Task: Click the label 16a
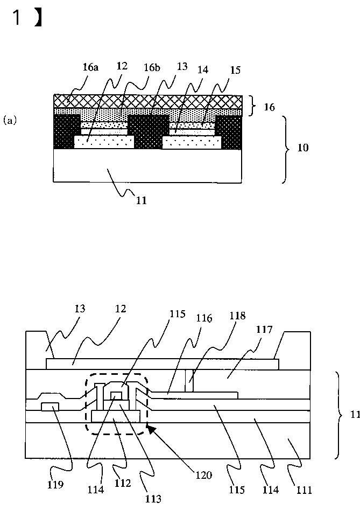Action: [90, 67]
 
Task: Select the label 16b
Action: [152, 67]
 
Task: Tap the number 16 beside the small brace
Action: [269, 107]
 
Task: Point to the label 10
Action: [303, 148]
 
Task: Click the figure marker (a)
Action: [10, 121]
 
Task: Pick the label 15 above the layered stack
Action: [235, 70]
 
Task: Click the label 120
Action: [204, 475]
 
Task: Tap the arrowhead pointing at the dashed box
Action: [151, 430]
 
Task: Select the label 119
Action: [55, 485]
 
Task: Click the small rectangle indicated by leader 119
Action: [50, 407]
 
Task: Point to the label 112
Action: [123, 483]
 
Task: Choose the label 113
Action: [153, 498]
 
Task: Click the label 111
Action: [304, 490]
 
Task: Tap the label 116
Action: [204, 318]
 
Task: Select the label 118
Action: [237, 316]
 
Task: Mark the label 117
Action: [264, 330]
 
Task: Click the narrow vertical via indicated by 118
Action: [189, 381]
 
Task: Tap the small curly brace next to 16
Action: [252, 106]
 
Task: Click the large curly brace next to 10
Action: [285, 149]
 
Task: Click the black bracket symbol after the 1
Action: [38, 18]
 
